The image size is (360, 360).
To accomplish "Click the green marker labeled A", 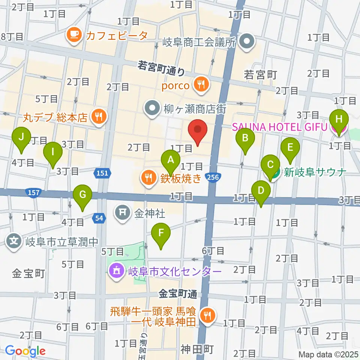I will pyautogui.click(x=171, y=160).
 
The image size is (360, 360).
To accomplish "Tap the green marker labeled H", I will pyautogui.click(x=339, y=120).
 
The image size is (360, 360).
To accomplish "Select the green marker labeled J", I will pyautogui.click(x=21, y=137).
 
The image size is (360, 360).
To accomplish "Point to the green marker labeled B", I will pyautogui.click(x=245, y=139).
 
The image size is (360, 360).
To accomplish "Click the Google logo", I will pyautogui.click(x=25, y=351).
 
